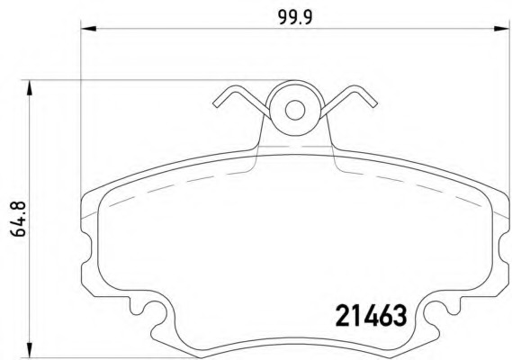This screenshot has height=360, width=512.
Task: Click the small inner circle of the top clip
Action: [295, 111]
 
